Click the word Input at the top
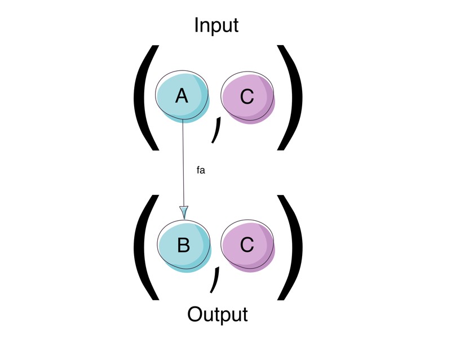point(216,25)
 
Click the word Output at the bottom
point(218,314)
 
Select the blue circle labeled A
point(183,97)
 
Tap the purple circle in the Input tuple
point(248,97)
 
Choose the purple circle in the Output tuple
point(248,246)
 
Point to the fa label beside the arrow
point(201,171)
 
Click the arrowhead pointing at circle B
point(184,211)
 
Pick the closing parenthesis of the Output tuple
point(290,246)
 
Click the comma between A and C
point(215,131)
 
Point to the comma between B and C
point(214,280)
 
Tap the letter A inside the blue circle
point(182,96)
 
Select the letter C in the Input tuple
point(247,97)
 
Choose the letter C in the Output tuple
point(247,246)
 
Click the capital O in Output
point(196,314)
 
